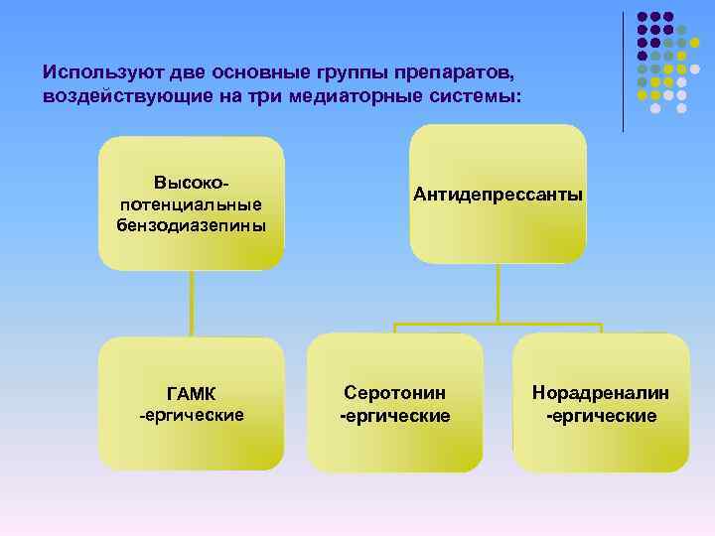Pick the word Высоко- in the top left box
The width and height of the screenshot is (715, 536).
192,184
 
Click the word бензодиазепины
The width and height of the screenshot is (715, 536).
192,224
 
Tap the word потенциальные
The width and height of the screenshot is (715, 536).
192,204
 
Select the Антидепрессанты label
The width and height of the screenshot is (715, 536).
499,195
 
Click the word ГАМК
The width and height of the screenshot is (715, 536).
192,394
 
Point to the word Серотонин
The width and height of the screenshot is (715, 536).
395,394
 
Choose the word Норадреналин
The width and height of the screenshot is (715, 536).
601,394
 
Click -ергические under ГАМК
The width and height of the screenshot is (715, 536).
192,414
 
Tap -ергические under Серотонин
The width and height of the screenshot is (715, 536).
395,415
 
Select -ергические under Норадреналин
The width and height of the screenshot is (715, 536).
601,415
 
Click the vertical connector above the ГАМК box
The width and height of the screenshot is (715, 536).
192,304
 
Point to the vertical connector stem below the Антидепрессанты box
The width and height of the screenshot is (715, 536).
499,293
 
